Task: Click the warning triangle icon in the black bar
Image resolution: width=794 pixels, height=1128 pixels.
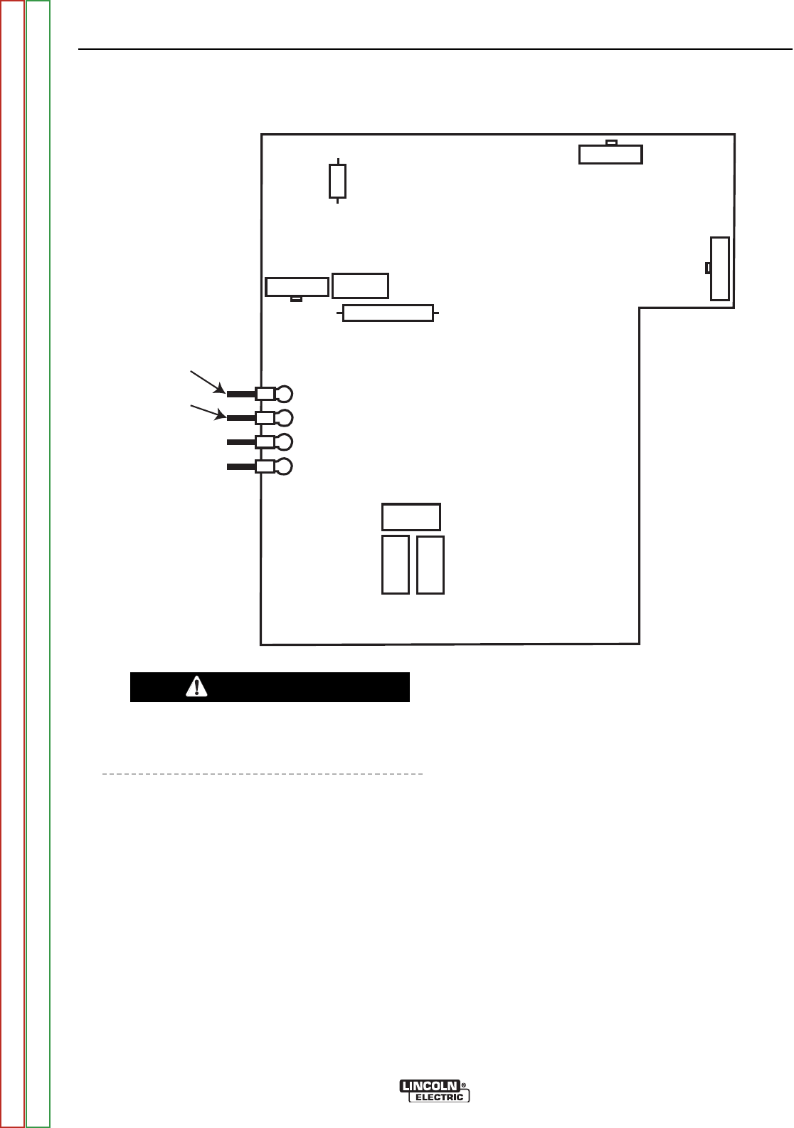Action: pos(196,686)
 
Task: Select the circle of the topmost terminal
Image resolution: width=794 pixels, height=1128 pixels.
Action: pos(283,394)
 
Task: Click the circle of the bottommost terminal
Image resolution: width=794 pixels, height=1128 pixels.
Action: pos(283,466)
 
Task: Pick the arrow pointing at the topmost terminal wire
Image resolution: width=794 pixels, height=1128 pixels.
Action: pos(206,381)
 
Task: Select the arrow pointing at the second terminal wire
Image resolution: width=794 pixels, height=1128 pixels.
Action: pos(207,411)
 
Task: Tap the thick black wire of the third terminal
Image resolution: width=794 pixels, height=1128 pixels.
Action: pos(241,442)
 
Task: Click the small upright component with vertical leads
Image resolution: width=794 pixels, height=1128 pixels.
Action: pos(337,181)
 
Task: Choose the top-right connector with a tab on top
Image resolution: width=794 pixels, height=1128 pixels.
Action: pos(610,154)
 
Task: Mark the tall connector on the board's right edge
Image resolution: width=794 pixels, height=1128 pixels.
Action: pos(719,268)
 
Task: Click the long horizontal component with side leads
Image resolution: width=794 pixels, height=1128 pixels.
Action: pos(388,313)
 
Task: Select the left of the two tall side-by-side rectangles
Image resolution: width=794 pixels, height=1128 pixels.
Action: pos(396,565)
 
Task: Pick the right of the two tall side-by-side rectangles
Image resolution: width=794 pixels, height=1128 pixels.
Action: pos(430,565)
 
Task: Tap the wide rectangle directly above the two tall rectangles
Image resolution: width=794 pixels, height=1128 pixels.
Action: pos(411,517)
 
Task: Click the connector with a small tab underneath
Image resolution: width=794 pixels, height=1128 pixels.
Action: pos(297,287)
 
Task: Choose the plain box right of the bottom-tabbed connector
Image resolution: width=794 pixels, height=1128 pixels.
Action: pos(360,286)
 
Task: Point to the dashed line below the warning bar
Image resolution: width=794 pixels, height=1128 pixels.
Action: pos(263,773)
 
